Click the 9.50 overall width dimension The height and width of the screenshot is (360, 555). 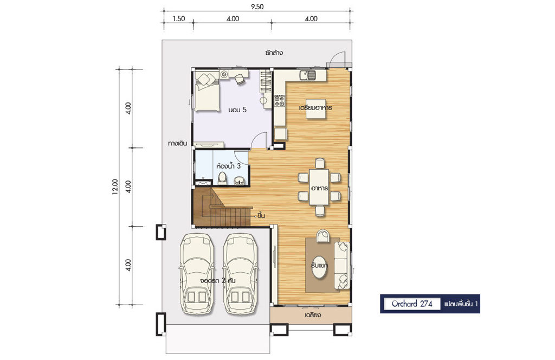[257, 7]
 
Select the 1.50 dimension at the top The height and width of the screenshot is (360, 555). [179, 19]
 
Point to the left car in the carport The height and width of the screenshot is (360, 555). [197, 274]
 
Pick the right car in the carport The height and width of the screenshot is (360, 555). [241, 274]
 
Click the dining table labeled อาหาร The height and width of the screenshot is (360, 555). [319, 187]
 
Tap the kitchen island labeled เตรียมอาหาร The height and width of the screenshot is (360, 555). [316, 107]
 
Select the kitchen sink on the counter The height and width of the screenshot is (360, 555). [307, 75]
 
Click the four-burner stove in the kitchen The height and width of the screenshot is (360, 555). [279, 100]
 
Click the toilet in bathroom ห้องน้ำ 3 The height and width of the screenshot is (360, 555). [222, 178]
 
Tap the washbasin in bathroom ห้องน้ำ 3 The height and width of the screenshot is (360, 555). [240, 180]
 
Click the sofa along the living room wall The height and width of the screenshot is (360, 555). [342, 266]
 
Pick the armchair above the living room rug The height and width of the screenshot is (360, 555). [323, 236]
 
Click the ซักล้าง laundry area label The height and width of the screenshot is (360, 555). [273, 53]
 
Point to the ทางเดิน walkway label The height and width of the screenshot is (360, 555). [177, 144]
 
